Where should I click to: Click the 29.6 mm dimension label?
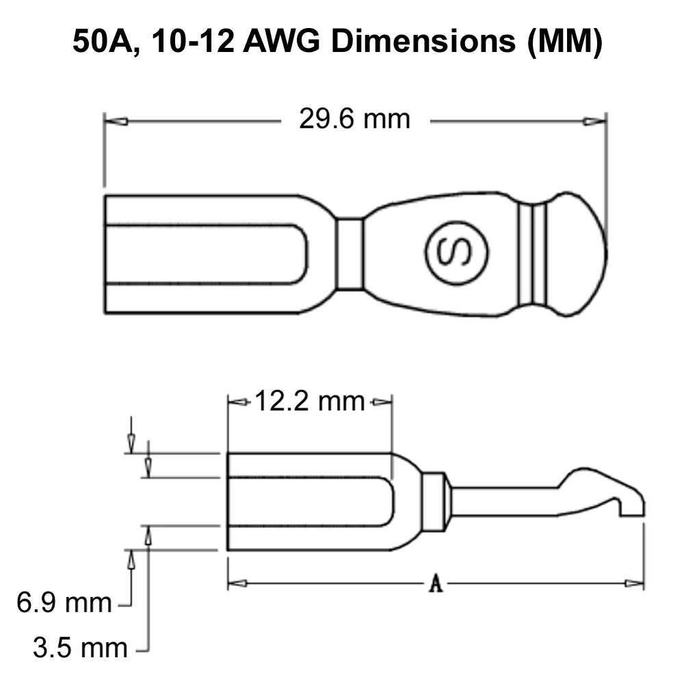(354, 118)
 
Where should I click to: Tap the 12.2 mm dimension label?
(309, 401)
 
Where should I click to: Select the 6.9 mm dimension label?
(64, 603)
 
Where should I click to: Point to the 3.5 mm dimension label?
(80, 648)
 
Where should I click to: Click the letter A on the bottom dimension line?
(436, 583)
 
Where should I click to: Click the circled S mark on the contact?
(457, 253)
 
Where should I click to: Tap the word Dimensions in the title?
(423, 42)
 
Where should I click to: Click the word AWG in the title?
(281, 42)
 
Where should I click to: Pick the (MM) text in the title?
(565, 42)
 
